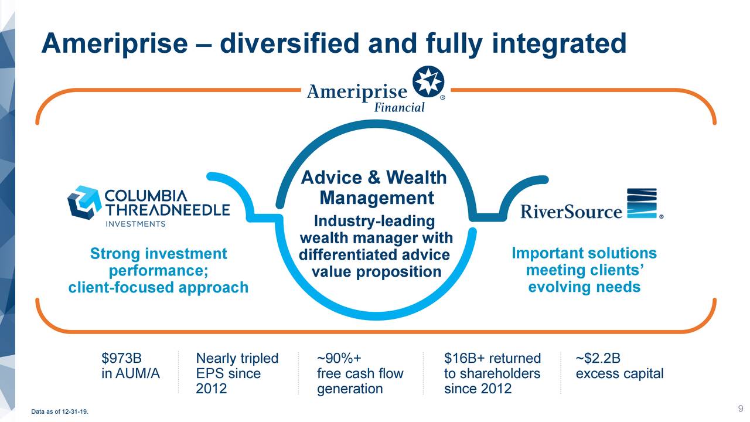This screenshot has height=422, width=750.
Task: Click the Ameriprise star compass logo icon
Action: [428, 82]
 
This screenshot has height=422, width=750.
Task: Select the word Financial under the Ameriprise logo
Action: [399, 107]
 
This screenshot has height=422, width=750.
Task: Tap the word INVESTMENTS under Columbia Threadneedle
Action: [135, 223]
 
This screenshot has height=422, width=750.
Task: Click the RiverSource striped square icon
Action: [642, 203]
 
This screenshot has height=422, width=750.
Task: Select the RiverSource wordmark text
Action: [571, 211]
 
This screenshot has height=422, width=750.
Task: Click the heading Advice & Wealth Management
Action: [375, 188]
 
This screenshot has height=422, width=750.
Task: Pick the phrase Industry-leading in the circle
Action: [375, 222]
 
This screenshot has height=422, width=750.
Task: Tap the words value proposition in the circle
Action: [376, 272]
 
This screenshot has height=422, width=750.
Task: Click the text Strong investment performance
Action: [158, 262]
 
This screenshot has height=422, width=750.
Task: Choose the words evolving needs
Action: [584, 287]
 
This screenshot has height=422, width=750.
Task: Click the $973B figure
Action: [121, 358]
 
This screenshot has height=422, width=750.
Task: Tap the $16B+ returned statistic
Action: [492, 358]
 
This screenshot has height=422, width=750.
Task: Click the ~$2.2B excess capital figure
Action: [598, 358]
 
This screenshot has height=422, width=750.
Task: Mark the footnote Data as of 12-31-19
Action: [60, 412]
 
